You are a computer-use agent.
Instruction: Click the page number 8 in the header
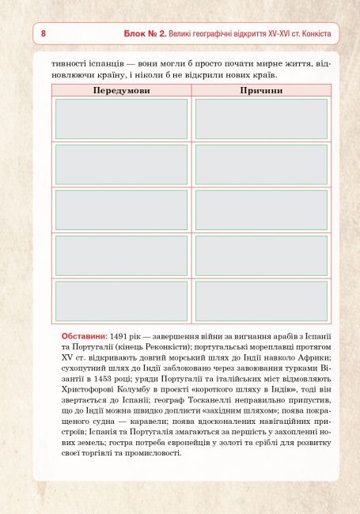click(x=43, y=35)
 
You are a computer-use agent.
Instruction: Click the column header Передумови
click(x=120, y=91)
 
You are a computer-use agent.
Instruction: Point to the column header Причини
click(x=260, y=91)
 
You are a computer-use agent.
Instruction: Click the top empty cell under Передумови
click(x=121, y=119)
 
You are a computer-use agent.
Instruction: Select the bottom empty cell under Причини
click(x=260, y=300)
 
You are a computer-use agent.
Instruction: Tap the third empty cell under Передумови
click(x=121, y=210)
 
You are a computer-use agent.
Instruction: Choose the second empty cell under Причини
click(x=260, y=164)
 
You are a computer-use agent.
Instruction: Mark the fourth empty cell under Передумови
click(x=121, y=255)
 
